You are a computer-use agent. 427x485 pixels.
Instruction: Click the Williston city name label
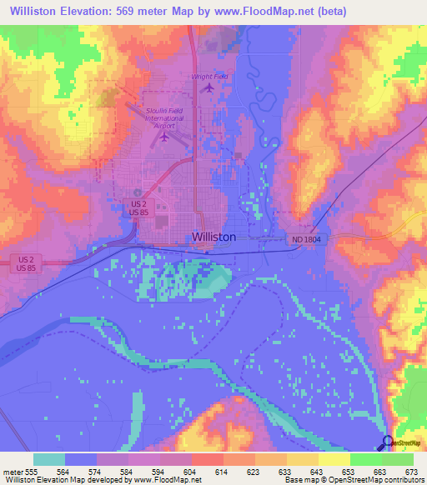(213, 237)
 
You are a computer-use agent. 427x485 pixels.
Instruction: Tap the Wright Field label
(209, 77)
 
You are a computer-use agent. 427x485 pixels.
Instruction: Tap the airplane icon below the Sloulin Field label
(164, 136)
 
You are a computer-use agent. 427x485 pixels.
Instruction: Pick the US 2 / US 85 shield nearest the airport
(139, 207)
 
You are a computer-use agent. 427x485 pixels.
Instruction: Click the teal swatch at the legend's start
(48, 459)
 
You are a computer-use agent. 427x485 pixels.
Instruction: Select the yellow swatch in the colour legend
(334, 459)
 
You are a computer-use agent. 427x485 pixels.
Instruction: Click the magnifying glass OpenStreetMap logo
(389, 442)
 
